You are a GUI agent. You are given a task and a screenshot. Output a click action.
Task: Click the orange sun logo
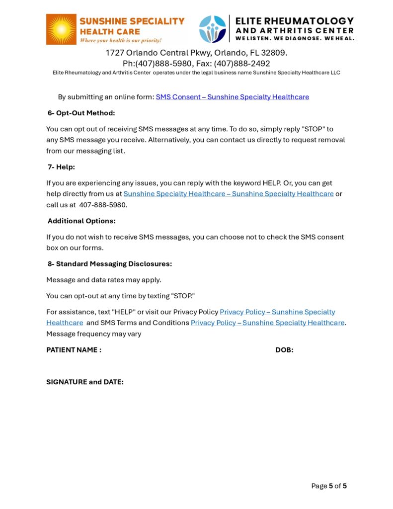click(x=61, y=29)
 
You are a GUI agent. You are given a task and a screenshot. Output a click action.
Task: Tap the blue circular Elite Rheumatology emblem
click(x=212, y=29)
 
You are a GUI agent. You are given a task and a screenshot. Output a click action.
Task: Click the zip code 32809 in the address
click(x=273, y=53)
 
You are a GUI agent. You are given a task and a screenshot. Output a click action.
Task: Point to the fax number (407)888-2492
click(x=242, y=64)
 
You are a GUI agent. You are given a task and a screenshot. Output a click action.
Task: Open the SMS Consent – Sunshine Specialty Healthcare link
click(x=232, y=97)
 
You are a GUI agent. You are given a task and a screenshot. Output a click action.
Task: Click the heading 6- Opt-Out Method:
click(x=81, y=113)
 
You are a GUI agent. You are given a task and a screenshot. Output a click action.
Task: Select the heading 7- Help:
click(x=62, y=167)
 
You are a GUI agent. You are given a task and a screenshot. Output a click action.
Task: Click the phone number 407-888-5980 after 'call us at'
click(x=103, y=205)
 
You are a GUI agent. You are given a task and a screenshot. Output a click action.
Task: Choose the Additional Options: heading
click(x=81, y=221)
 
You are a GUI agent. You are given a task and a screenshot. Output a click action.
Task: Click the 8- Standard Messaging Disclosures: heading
click(x=110, y=263)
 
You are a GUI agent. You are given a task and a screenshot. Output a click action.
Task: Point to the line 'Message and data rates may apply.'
click(x=104, y=280)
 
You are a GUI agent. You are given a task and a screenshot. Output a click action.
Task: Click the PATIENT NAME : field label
click(x=74, y=350)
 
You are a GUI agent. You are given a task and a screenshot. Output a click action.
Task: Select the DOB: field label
click(x=284, y=350)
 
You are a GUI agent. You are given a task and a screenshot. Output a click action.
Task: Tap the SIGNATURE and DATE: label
click(x=85, y=382)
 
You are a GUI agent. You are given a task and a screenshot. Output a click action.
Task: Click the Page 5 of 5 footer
click(x=329, y=486)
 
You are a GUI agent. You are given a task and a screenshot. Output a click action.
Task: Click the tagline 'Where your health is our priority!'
click(x=121, y=40)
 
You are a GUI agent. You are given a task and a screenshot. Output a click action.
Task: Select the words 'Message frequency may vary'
click(x=94, y=334)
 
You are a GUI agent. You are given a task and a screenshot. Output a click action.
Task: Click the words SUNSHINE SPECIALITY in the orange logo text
click(x=132, y=21)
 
